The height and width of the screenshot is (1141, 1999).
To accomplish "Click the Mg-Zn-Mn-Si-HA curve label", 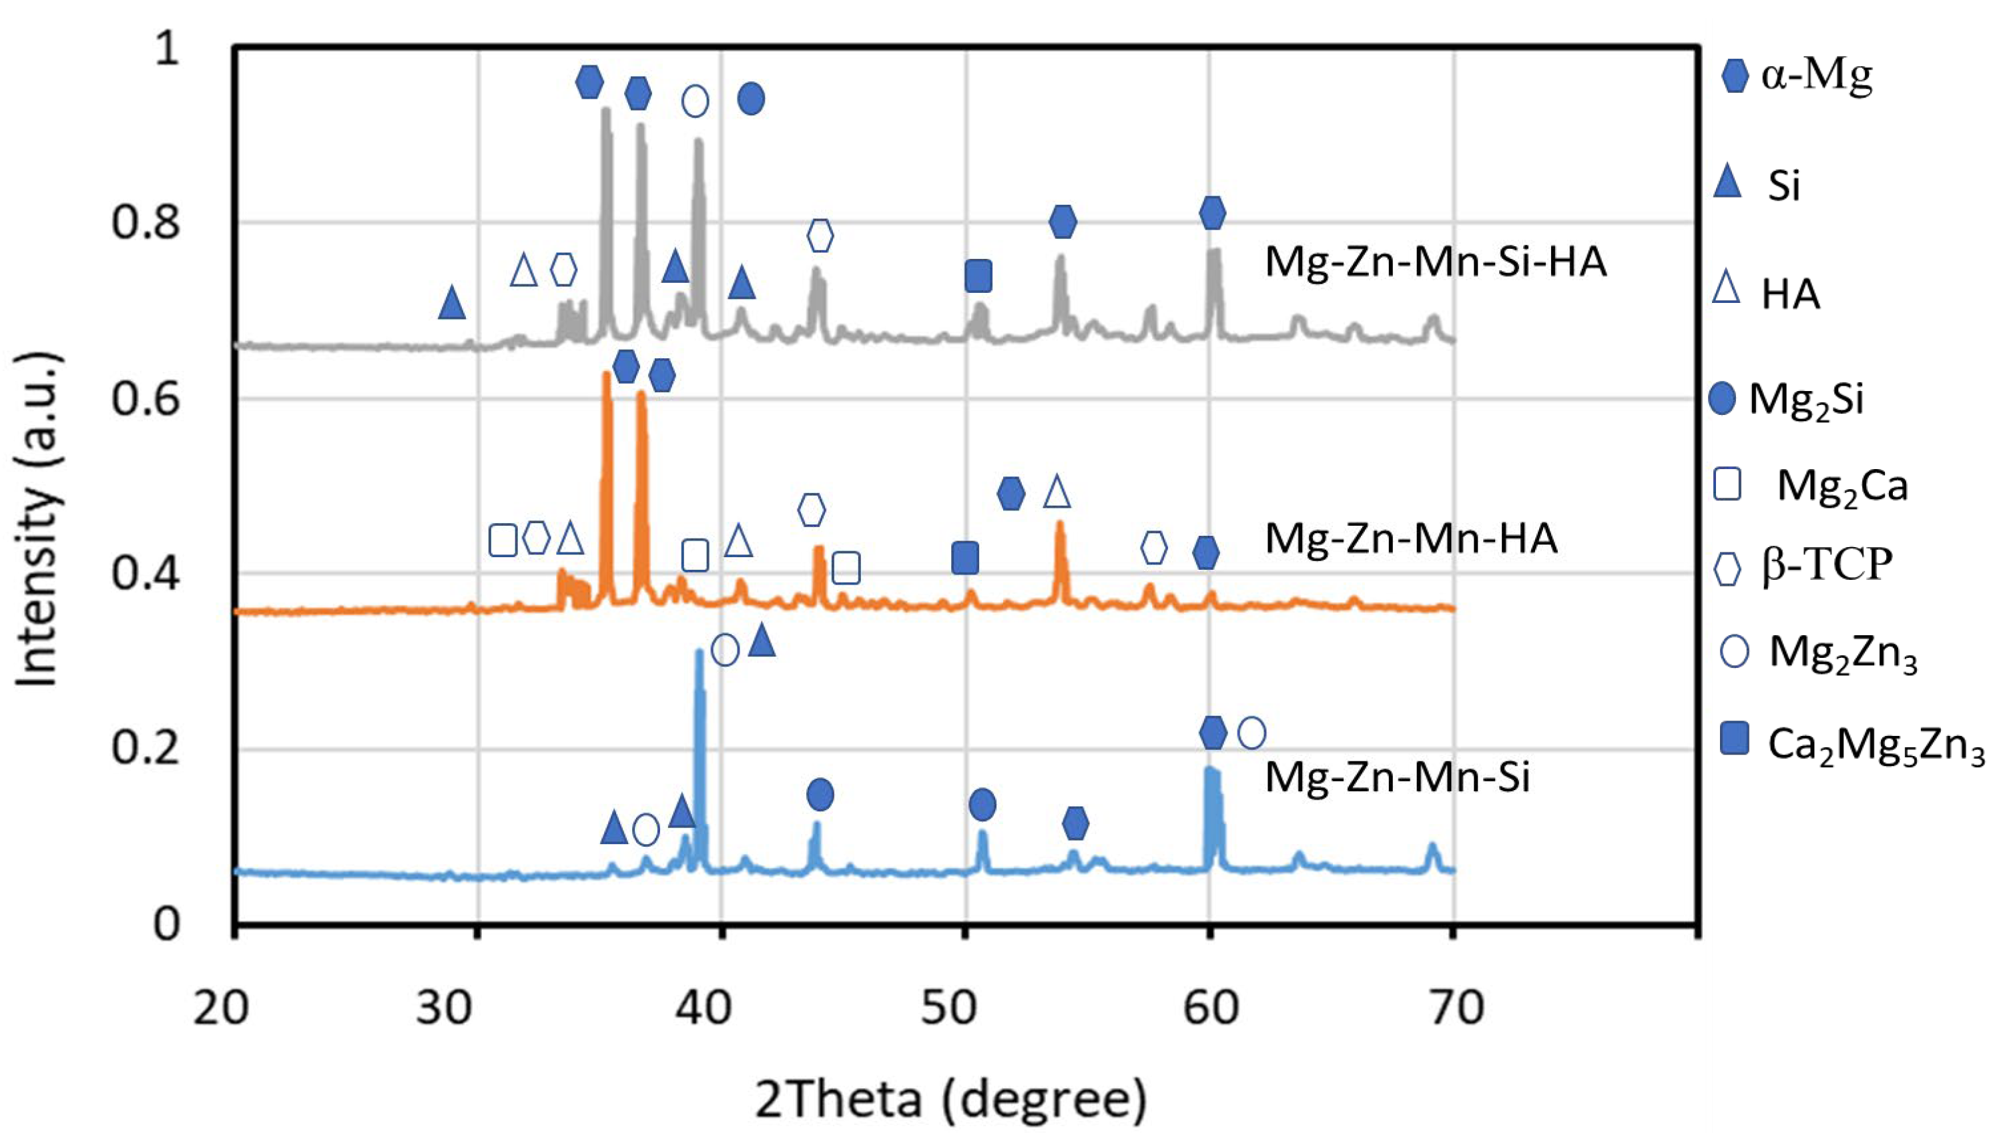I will pyautogui.click(x=1436, y=261).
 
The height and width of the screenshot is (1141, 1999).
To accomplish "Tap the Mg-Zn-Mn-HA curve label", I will pyautogui.click(x=1410, y=538).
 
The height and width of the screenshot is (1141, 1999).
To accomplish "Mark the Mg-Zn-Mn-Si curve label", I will pyautogui.click(x=1397, y=777).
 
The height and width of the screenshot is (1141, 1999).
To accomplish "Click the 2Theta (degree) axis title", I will pyautogui.click(x=950, y=1100).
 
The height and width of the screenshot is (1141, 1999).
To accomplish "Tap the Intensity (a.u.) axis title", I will pyautogui.click(x=37, y=520).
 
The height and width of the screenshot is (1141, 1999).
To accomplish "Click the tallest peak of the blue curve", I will pyautogui.click(x=699, y=652).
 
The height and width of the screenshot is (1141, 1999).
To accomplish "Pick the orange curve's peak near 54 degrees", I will pyautogui.click(x=1060, y=524).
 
